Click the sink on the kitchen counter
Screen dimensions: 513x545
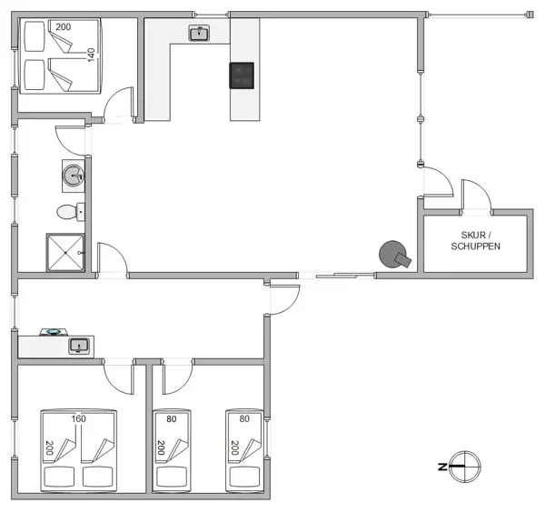coord(199,34)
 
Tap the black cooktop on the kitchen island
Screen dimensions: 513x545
coord(243,75)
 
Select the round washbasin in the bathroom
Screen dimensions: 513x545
coord(73,173)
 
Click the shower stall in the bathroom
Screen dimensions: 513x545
coord(65,252)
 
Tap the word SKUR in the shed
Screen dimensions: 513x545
coord(472,235)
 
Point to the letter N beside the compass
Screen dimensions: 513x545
coord(441,467)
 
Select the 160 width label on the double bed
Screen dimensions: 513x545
coord(79,419)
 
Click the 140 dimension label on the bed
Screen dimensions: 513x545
coord(91,55)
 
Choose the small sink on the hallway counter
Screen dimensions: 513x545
coord(79,346)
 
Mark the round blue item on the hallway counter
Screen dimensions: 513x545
coord(53,333)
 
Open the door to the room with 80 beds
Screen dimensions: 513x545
coord(178,373)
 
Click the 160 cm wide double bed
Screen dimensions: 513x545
coord(78,450)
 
